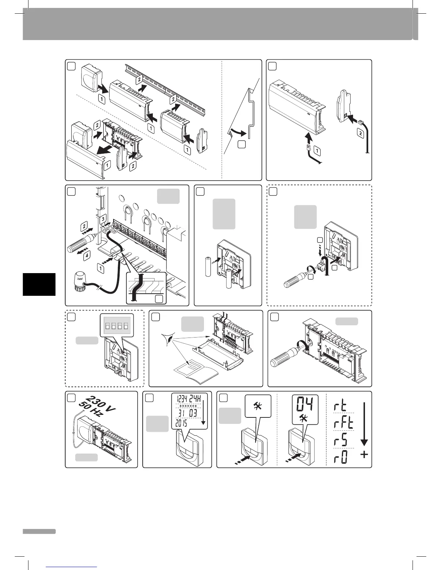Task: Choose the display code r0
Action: coord(339,457)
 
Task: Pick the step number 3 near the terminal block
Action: coord(103,218)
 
